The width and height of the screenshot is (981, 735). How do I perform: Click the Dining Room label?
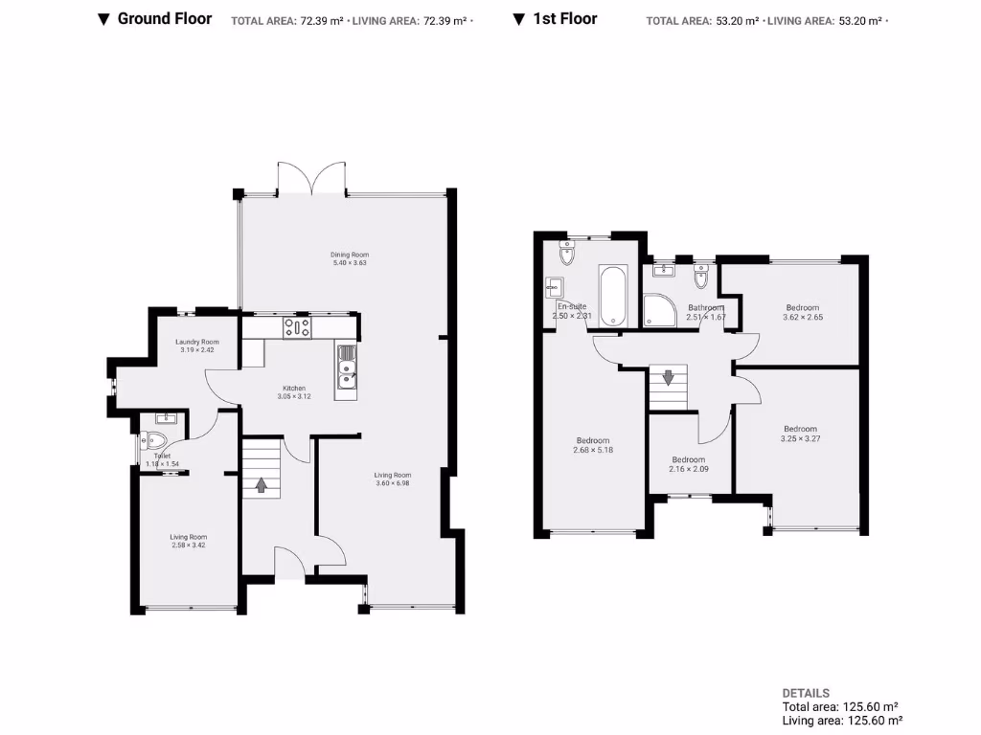pyautogui.click(x=350, y=255)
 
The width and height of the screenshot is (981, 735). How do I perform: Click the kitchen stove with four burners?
pyautogui.click(x=296, y=327)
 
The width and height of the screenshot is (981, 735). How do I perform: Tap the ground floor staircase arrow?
pyautogui.click(x=261, y=484)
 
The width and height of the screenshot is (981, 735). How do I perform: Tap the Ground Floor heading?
pyautogui.click(x=164, y=18)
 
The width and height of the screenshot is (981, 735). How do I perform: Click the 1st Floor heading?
pyautogui.click(x=565, y=18)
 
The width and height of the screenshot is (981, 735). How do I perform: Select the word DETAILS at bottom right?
pyautogui.click(x=806, y=693)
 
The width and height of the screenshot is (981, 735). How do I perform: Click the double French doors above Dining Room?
pyautogui.click(x=310, y=178)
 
